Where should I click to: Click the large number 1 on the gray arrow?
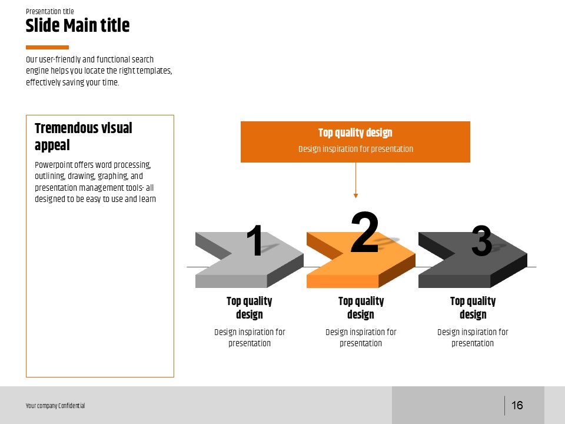[255, 240]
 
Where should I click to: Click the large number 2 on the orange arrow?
[365, 233]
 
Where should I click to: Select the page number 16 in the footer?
[517, 405]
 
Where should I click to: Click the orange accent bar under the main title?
[47, 47]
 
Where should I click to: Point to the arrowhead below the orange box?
[355, 196]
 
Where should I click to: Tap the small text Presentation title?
[49, 11]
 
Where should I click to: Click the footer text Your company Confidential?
[55, 406]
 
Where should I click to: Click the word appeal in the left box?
[52, 145]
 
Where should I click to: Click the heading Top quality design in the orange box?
[355, 132]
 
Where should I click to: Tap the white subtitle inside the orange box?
[355, 149]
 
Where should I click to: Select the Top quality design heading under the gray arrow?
[250, 307]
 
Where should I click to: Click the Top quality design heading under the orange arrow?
[361, 307]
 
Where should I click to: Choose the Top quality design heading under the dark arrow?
[473, 307]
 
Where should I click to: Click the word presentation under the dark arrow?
[473, 343]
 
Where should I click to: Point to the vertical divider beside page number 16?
[504, 405]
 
